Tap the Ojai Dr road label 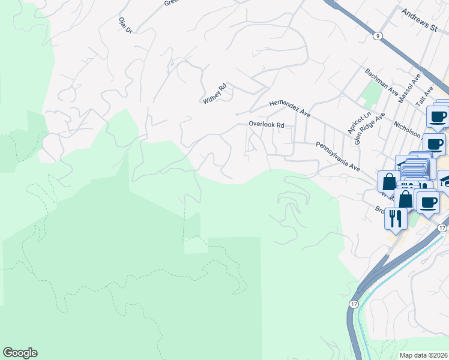tap(125, 27)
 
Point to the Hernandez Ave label tap(290, 108)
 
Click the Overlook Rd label tap(267, 125)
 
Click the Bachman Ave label tap(382, 82)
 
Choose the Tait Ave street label tap(426, 95)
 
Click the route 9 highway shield tap(377, 36)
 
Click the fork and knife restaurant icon tap(395, 218)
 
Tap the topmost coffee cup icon tap(438, 116)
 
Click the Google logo tap(20, 353)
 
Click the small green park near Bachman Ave tap(372, 94)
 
